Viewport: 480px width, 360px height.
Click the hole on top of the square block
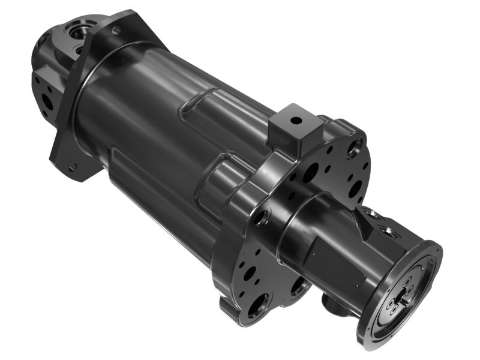point(295,120)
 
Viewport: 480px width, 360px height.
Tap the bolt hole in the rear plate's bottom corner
point(71,168)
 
